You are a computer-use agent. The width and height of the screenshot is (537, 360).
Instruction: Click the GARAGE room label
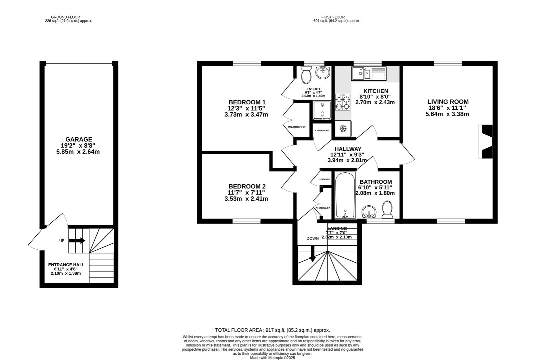pyautogui.click(x=79, y=139)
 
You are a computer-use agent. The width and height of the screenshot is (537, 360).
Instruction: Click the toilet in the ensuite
pyautogui.click(x=306, y=75)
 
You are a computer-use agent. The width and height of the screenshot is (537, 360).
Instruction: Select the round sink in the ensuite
pyautogui.click(x=322, y=72)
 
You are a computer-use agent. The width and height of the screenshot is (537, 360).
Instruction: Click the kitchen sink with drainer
pyautogui.click(x=368, y=73)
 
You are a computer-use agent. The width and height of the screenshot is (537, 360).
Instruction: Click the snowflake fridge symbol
pyautogui.click(x=343, y=129)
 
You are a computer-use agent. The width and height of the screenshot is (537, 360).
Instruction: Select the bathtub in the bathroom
pyautogui.click(x=345, y=195)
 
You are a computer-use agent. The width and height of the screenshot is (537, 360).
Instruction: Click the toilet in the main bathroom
pyautogui.click(x=387, y=209)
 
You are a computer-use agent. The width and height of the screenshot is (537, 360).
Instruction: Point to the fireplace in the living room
pyautogui.click(x=485, y=142)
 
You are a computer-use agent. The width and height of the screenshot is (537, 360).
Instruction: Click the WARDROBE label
pyautogui.click(x=297, y=127)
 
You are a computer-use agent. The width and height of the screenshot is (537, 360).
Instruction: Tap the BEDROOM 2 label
pyautogui.click(x=247, y=186)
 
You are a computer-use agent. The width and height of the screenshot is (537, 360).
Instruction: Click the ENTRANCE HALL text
pyautogui.click(x=66, y=265)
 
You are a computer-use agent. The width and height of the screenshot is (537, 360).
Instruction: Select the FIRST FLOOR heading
pyautogui.click(x=333, y=17)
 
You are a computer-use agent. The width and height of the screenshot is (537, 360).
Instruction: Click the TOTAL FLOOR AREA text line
pyautogui.click(x=272, y=330)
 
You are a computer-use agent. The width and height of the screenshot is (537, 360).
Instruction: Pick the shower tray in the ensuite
pyautogui.click(x=322, y=111)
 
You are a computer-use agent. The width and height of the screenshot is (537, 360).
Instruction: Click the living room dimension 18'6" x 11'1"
pyautogui.click(x=447, y=108)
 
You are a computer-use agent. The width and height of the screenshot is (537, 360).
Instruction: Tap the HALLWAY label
pyautogui.click(x=348, y=149)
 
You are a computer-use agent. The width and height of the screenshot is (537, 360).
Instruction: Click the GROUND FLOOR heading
pyautogui.click(x=65, y=17)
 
